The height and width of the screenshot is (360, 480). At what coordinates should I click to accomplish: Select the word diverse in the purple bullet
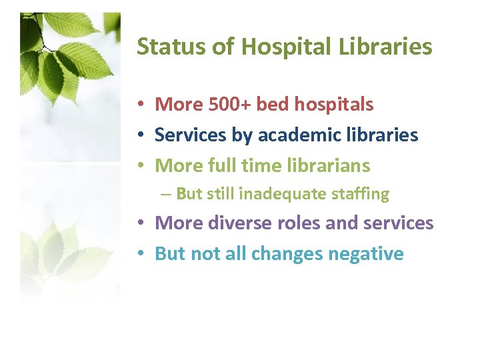tap(236, 223)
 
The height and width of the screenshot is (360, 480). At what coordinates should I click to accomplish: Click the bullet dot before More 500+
tap(143, 105)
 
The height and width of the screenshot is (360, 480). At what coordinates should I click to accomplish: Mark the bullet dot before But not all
tap(143, 254)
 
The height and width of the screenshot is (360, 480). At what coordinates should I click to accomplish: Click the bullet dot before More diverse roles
tap(143, 223)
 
